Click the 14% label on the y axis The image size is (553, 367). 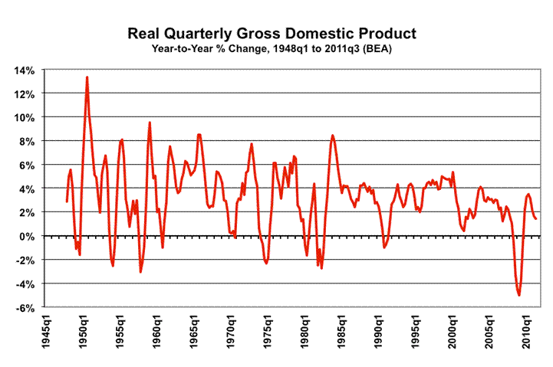tap(24, 70)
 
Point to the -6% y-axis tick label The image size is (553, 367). tap(24, 308)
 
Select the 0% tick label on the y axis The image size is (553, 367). tap(27, 237)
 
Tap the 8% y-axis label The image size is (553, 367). tap(27, 141)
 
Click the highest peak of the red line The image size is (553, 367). tap(87, 77)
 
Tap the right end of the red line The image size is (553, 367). tap(535, 219)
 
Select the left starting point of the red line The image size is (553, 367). tap(67, 202)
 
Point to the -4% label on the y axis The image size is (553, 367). tap(24, 284)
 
